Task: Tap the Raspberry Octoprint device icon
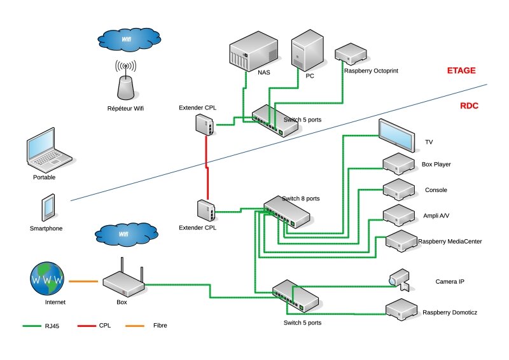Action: [x=351, y=53]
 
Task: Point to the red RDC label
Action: [x=469, y=106]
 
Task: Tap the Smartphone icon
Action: [x=48, y=207]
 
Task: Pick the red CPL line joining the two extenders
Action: [x=207, y=167]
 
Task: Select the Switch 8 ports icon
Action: [x=287, y=211]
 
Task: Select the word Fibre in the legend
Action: [x=161, y=326]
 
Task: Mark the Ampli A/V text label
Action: [x=436, y=216]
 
